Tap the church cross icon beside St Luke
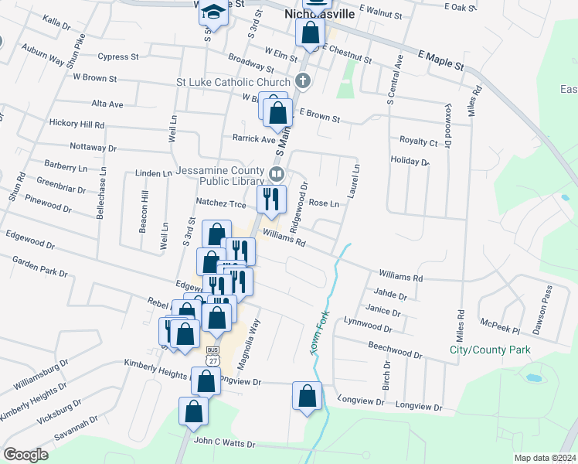[303, 80]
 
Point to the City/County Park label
[490, 350]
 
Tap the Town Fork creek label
[316, 333]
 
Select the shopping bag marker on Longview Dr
[307, 395]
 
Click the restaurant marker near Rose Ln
[271, 200]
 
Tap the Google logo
[25, 455]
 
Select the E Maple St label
[440, 60]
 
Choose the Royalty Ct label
[418, 142]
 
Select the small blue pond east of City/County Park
[533, 378]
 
